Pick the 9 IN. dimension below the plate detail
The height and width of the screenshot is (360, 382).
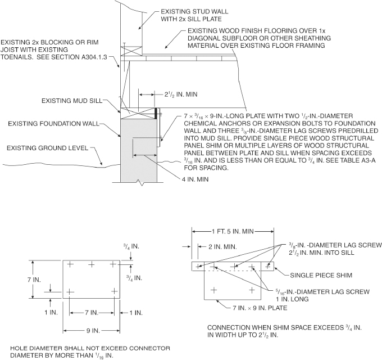pos(90,330)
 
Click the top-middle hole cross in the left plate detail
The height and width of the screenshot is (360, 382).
pos(90,264)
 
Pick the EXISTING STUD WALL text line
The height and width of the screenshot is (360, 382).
pos(195,11)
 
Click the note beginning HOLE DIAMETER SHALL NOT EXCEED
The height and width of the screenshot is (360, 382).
pos(89,348)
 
